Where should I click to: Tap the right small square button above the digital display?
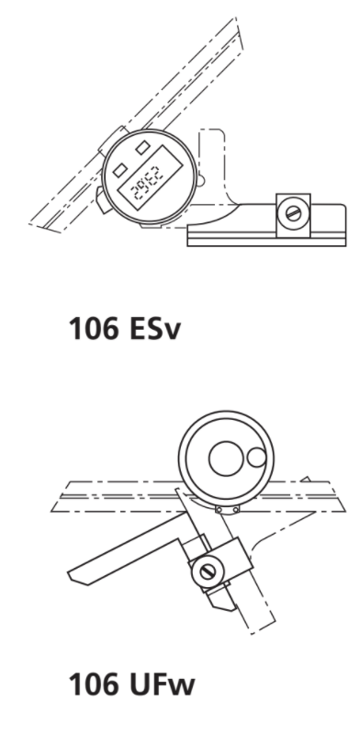pos(144,145)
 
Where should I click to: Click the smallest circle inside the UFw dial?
pos(255,456)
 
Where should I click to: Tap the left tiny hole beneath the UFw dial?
pos(220,510)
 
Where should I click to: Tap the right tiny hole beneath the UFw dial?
pos(235,510)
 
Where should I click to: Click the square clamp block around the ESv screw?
pos(292,212)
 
